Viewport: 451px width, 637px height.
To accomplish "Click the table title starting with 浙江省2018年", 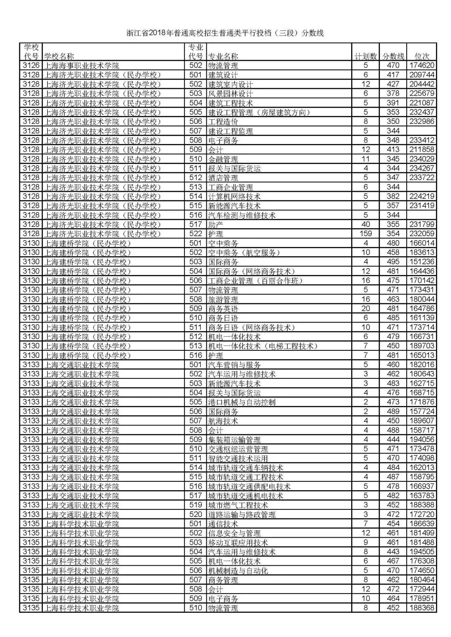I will click(225, 33).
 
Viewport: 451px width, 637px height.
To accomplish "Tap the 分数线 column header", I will click(393, 56).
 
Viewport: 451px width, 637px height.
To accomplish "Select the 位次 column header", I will click(421, 56).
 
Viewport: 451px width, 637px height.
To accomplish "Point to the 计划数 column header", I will click(366, 56).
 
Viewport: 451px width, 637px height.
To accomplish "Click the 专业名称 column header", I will click(223, 56).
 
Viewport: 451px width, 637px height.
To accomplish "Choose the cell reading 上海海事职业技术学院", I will click(82, 65).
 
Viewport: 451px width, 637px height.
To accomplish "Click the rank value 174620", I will click(421, 65).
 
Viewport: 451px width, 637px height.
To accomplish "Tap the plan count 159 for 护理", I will click(366, 234).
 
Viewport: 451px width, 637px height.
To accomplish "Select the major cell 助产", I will click(216, 224).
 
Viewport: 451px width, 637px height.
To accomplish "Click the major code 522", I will click(195, 234).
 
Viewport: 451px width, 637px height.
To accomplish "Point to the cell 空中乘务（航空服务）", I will click(244, 252).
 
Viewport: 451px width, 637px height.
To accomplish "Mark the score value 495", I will click(393, 262).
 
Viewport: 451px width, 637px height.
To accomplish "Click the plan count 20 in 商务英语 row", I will click(366, 309).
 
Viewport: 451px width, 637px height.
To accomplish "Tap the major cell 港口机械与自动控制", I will click(242, 402).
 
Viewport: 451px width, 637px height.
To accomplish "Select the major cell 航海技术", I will click(223, 421).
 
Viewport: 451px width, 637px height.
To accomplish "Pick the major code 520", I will click(195, 514).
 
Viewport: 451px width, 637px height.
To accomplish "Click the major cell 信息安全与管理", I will click(234, 533).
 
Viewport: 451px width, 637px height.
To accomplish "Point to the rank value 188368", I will click(421, 608).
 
